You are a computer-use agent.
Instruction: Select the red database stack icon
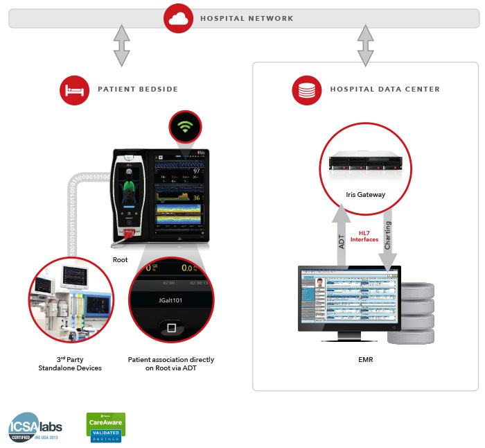click(x=306, y=89)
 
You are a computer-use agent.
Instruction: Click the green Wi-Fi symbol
click(x=184, y=127)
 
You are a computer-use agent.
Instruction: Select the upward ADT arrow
click(x=339, y=236)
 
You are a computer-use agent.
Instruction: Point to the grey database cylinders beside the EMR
click(x=411, y=311)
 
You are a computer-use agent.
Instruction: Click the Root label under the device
click(x=121, y=261)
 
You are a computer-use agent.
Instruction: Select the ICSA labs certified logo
click(x=34, y=427)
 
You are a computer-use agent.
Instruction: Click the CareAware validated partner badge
click(x=105, y=427)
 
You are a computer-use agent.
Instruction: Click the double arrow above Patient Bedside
click(x=122, y=46)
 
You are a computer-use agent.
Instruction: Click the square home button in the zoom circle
click(x=170, y=327)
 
